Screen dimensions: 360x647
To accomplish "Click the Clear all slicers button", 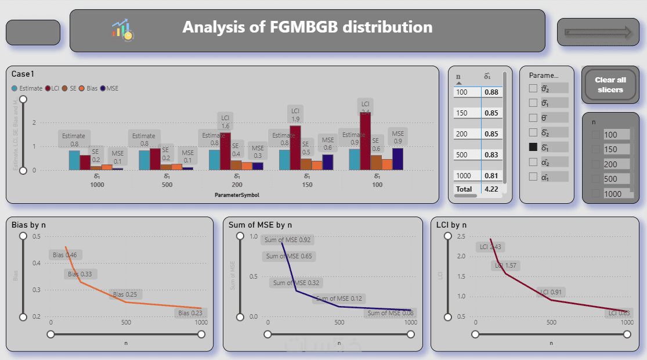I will (610, 85).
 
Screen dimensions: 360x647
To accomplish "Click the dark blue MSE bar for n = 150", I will (328, 162).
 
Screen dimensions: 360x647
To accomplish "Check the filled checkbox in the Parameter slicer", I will (533, 147).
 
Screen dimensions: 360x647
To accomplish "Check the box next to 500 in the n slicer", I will (595, 179).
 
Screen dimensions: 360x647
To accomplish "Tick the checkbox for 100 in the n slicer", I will (595, 135).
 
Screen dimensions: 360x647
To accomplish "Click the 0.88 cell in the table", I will (491, 92).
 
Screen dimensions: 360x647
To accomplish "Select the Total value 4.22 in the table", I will (491, 189).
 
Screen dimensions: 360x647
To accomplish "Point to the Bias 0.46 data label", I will (65, 255).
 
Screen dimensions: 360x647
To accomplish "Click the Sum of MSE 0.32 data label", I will (296, 283).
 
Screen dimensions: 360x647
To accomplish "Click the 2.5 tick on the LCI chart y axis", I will (446, 236).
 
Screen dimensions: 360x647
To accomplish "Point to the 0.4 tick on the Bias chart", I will (37, 263).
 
